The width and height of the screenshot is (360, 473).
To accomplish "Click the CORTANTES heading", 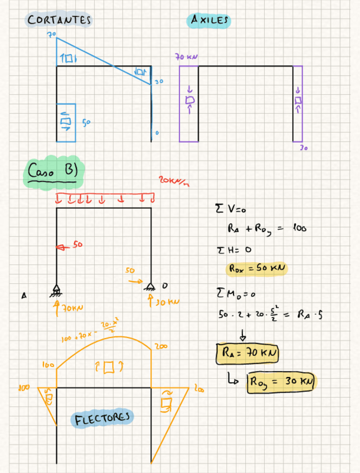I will (60, 20).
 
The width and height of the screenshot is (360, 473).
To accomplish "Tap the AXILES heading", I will (210, 20).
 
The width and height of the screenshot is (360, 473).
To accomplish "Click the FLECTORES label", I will (104, 418).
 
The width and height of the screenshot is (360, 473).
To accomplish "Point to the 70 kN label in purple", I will (186, 57).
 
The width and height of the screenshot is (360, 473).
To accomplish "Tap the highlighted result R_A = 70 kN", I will (247, 353).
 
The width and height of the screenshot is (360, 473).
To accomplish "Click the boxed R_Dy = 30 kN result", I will (282, 383).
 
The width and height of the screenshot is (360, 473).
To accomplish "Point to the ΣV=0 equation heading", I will (226, 210).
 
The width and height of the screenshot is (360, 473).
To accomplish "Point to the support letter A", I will (24, 296).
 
